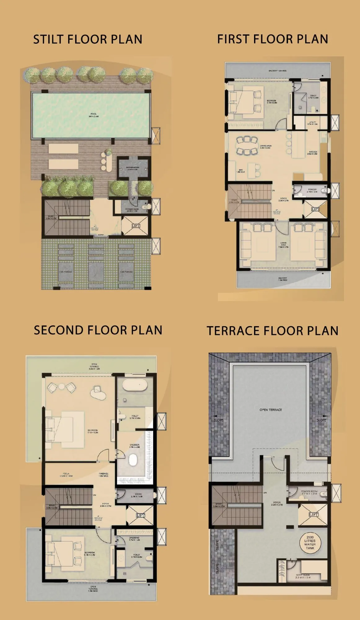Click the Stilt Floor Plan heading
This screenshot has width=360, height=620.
[x=88, y=39]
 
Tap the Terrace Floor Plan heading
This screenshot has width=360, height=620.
[x=272, y=331]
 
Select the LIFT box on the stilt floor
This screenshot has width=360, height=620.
[x=136, y=226]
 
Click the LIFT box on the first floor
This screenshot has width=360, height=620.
[x=315, y=209]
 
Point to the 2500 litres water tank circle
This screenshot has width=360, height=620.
[x=310, y=542]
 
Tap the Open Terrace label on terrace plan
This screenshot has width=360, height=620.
[x=270, y=410]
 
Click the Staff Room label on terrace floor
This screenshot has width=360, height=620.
[x=303, y=576]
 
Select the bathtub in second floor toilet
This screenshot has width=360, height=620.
[x=135, y=385]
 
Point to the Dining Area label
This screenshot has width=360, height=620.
[x=266, y=147]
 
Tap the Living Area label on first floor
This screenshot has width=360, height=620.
[x=283, y=245]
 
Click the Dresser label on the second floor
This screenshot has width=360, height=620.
[x=134, y=446]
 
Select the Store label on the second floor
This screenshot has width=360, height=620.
[x=138, y=495]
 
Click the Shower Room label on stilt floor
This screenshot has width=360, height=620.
[x=132, y=168]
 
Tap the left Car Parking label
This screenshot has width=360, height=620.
[x=66, y=272]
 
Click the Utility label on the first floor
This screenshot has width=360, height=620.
[x=312, y=123]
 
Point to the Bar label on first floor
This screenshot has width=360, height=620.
[x=241, y=171]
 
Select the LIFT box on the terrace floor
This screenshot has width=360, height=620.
[x=313, y=515]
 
